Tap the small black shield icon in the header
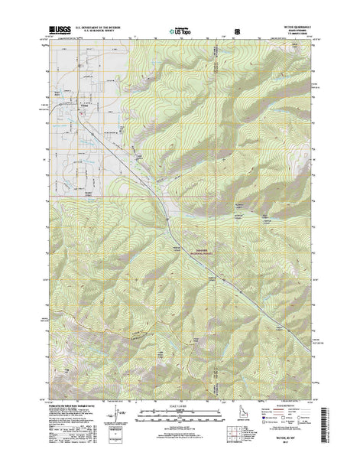pos(236,31)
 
